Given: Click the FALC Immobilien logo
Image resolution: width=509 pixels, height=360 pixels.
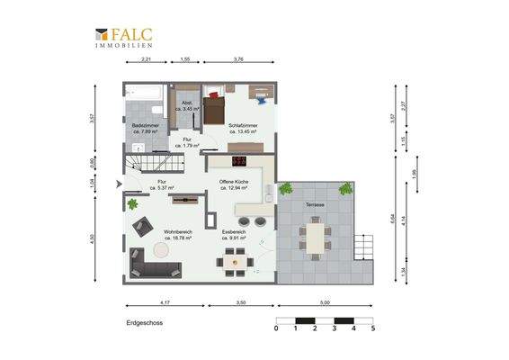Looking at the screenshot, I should point(124,38).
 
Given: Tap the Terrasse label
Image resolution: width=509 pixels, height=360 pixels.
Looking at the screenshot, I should point(315,206).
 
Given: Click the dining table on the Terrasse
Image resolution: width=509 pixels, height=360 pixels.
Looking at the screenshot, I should point(316,239).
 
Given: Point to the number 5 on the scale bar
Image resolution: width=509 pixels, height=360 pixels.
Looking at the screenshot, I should point(372,328).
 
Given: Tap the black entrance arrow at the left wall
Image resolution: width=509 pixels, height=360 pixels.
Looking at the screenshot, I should point(120,184).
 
